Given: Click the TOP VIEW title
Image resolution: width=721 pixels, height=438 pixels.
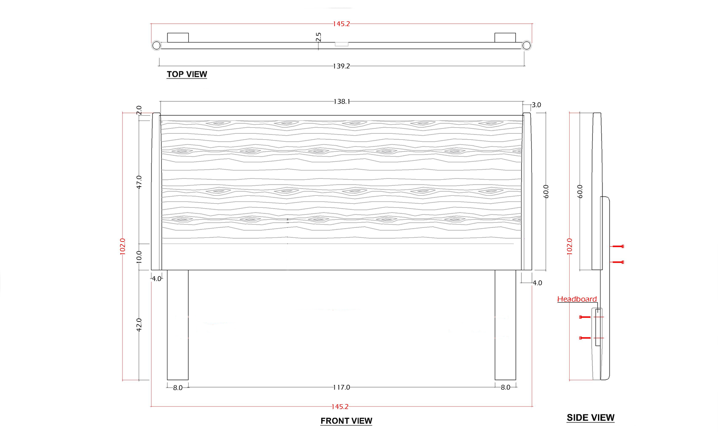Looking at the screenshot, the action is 187,74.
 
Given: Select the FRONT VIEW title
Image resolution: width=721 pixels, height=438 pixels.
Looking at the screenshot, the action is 346,421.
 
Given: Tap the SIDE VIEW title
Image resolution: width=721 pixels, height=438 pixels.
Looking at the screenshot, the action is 590,418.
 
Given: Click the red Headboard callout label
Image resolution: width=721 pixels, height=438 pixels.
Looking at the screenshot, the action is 577,299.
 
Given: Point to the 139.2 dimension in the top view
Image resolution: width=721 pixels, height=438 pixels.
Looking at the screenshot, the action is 341,66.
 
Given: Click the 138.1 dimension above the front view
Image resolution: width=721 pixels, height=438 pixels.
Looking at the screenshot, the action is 342,102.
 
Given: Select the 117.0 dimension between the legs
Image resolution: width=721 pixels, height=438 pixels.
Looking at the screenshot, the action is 341,388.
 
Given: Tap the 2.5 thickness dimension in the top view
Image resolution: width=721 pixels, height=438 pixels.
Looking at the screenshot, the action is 318,37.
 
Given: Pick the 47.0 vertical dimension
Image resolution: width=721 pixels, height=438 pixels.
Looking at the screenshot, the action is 139,182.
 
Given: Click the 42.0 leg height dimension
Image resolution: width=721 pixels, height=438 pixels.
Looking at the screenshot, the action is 139,325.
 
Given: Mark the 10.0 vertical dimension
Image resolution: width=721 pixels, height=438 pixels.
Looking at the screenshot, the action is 139,257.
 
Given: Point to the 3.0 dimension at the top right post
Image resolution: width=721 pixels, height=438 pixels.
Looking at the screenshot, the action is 536,105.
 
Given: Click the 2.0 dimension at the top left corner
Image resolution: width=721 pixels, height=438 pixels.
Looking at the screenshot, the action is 139,110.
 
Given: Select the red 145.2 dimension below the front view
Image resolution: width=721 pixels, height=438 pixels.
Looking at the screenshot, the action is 340,407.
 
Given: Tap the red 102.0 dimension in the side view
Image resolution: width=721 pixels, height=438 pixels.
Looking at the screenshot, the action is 570,246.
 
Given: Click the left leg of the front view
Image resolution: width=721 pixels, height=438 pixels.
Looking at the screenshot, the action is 177,325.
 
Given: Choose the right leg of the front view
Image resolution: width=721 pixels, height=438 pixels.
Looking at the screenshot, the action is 505,325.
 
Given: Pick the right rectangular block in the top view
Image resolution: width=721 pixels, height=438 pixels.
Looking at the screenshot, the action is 505,38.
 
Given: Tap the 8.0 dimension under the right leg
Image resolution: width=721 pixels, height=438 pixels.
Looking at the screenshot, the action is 506,388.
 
